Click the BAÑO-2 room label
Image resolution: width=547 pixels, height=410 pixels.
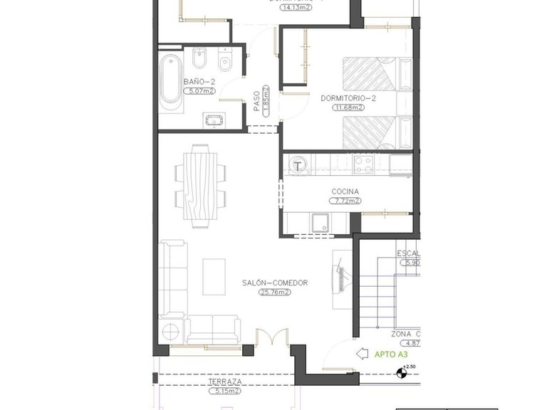pyautogui.click(x=199, y=82)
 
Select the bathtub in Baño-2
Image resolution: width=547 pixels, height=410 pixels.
pyautogui.click(x=170, y=83)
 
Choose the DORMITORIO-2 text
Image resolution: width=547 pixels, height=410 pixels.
pyautogui.click(x=348, y=98)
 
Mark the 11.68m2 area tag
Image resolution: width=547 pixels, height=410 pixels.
pyautogui.click(x=348, y=107)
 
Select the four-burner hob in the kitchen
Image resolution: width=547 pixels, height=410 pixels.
pyautogui.click(x=364, y=165)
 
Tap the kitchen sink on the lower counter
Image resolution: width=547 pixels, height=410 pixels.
pyautogui.click(x=318, y=223)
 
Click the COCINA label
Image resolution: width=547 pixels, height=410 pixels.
pyautogui.click(x=345, y=191)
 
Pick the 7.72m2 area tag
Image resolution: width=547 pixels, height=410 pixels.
pyautogui.click(x=345, y=201)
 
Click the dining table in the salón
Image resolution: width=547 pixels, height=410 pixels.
pyautogui.click(x=199, y=184)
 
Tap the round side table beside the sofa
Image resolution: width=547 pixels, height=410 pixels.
pyautogui.click(x=172, y=331)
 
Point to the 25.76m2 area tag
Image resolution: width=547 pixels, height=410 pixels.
pyautogui.click(x=273, y=293)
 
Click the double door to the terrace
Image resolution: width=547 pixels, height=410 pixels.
pyautogui.click(x=272, y=338)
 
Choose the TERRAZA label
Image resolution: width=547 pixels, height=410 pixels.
pyautogui.click(x=225, y=382)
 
